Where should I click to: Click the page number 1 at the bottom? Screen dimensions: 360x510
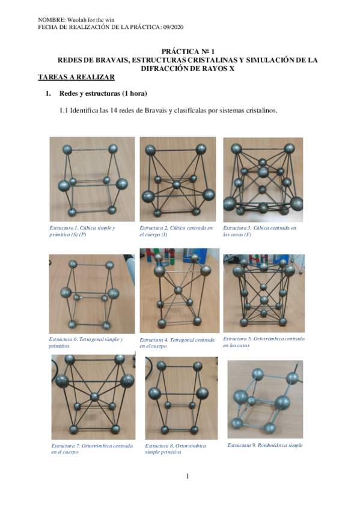point(188,476)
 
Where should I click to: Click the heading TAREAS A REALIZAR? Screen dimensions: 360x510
point(76,78)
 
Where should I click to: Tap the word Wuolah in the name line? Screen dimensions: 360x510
point(77,20)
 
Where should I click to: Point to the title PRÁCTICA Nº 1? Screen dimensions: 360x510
point(188,51)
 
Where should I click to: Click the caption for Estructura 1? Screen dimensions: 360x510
point(82,232)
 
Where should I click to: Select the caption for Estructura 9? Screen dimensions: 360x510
point(265,445)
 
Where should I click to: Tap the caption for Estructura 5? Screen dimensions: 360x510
point(264,342)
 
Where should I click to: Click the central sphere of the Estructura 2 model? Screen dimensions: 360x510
point(177,185)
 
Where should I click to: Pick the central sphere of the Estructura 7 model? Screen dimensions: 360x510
point(94,397)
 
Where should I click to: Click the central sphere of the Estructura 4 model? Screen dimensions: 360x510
point(178,290)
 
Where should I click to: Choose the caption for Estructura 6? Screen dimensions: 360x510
point(86,342)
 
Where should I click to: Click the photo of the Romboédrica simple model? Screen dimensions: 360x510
point(265,399)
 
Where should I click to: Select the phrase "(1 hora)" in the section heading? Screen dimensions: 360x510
point(135,94)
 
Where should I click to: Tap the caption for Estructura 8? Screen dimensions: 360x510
point(175,449)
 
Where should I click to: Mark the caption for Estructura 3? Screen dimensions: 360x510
point(260,232)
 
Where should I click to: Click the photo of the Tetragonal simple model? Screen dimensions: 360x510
point(92,294)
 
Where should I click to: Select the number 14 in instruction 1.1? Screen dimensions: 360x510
point(114,111)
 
